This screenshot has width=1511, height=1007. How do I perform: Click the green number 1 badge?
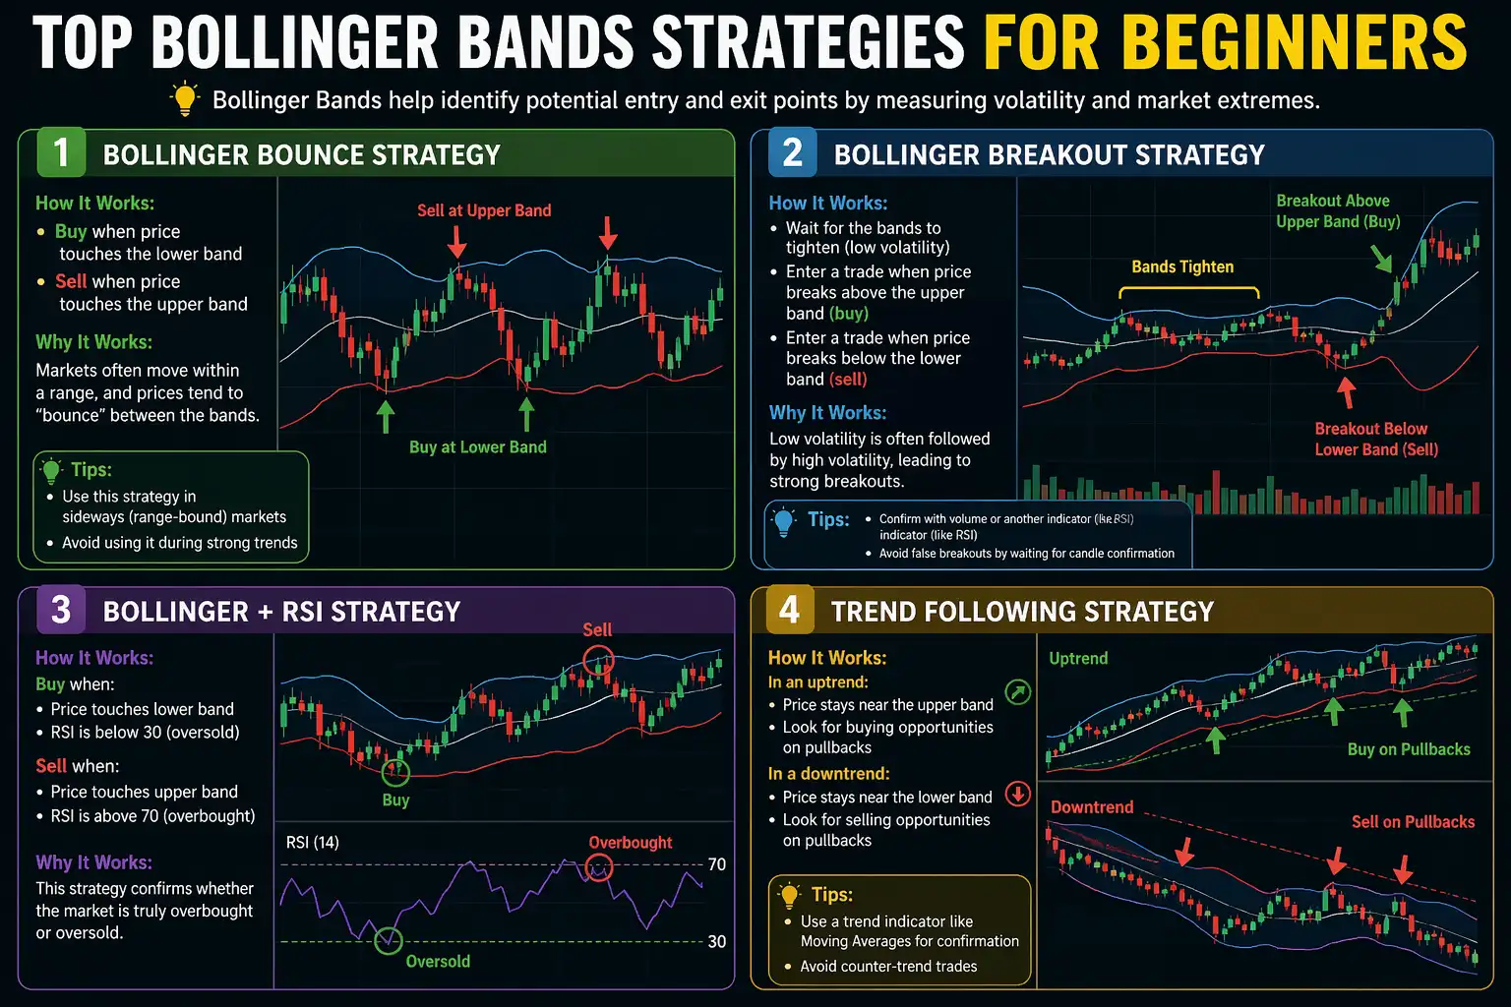pos(61,153)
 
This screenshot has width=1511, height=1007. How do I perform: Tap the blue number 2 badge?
pos(793,153)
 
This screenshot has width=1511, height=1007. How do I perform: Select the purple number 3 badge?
pos(61,610)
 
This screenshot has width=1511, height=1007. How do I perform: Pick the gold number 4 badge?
pos(789,610)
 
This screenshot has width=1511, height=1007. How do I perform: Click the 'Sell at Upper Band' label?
pos(484,210)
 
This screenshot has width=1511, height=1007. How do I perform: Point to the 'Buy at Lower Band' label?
pos(477,447)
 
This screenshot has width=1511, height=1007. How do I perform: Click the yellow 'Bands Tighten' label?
pos(1182,267)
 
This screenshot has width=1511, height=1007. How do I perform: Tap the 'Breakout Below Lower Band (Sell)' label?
pos(1375,440)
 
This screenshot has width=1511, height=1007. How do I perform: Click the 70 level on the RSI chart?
pos(717,864)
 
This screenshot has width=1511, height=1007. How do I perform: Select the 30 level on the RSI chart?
pos(717,942)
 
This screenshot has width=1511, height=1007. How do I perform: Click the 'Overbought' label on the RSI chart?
pos(631,843)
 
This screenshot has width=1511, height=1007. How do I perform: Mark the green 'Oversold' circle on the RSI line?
pos(389,940)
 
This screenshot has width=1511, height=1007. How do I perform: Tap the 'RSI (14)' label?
pos(313,843)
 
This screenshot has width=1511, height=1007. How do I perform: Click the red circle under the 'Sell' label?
pos(598,660)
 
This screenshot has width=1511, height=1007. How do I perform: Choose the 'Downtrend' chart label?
pos(1092,807)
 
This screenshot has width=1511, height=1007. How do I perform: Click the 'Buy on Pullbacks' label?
pos(1409,749)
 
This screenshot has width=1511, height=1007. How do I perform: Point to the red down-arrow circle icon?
pos(1018,794)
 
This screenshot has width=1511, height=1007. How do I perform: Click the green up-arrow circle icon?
pos(1018,692)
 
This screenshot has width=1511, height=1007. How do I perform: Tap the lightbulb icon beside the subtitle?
pos(184,99)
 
